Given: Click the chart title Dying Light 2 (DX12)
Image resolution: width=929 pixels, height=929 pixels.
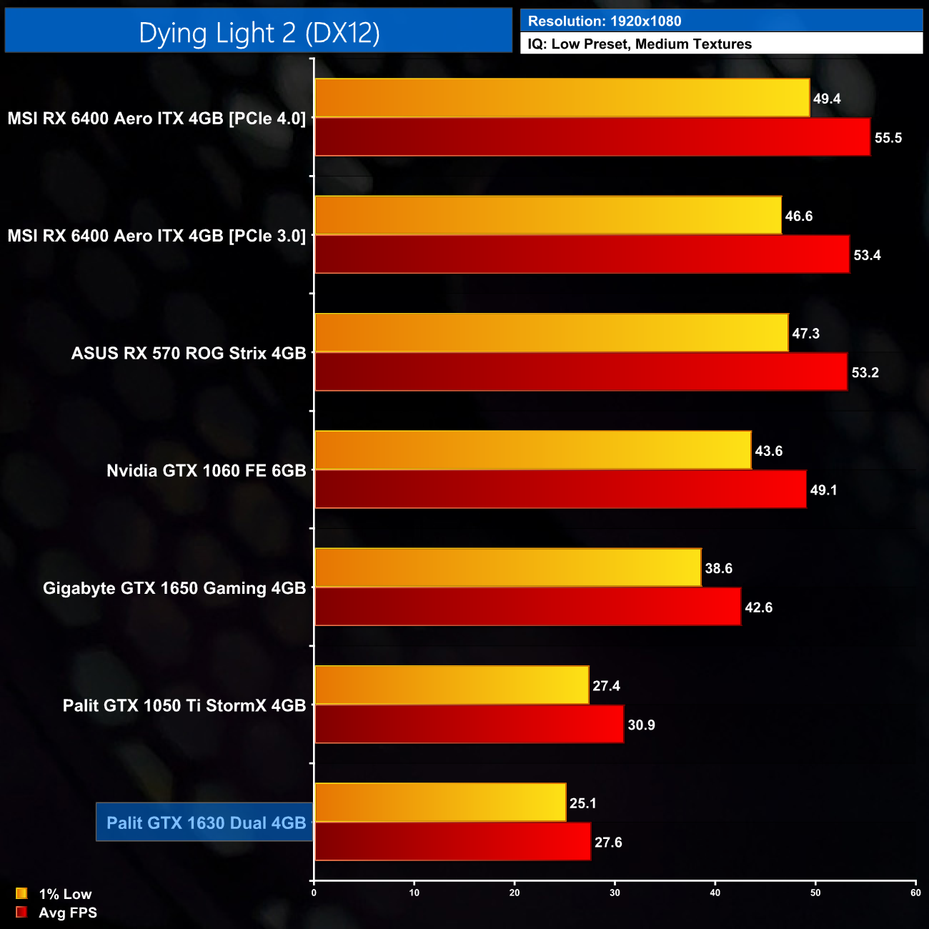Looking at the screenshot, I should pos(259,33).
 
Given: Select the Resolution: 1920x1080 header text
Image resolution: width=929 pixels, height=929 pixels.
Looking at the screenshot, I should pos(605,21).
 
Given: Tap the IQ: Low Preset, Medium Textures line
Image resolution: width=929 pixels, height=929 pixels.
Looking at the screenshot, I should pos(640,44).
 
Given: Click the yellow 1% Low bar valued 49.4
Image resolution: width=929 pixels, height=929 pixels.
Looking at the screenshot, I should pos(562,98).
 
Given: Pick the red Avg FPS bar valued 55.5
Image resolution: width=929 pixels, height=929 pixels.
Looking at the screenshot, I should pos(592,137).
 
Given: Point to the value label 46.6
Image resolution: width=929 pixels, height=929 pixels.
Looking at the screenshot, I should pos(798,217).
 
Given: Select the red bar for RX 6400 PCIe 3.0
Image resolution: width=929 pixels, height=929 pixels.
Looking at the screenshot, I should pos(582,254).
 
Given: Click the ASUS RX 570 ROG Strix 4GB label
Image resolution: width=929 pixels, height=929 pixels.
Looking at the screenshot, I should pos(189,353).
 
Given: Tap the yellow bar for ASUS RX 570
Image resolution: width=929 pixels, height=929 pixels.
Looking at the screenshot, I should pos(551,333).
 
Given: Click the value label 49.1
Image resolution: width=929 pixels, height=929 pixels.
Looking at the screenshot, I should pos(823,490).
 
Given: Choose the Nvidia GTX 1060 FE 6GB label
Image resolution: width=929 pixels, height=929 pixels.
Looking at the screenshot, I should pos(206,471).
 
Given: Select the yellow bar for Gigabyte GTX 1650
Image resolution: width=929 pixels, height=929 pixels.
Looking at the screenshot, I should pos(507,567).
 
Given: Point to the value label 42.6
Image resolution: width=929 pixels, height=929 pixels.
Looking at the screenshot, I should pos(758,607).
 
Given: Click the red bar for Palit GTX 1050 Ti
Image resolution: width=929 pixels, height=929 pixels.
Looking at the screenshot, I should pos(469,724).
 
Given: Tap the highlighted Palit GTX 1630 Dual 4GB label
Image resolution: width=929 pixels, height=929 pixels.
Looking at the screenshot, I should pos(206,823).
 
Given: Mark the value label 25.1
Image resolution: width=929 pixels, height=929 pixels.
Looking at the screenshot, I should pos(582,803).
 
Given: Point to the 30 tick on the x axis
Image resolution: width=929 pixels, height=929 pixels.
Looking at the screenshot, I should pos(615,893).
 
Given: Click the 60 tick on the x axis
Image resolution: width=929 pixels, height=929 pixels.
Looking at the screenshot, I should pos(915,893).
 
